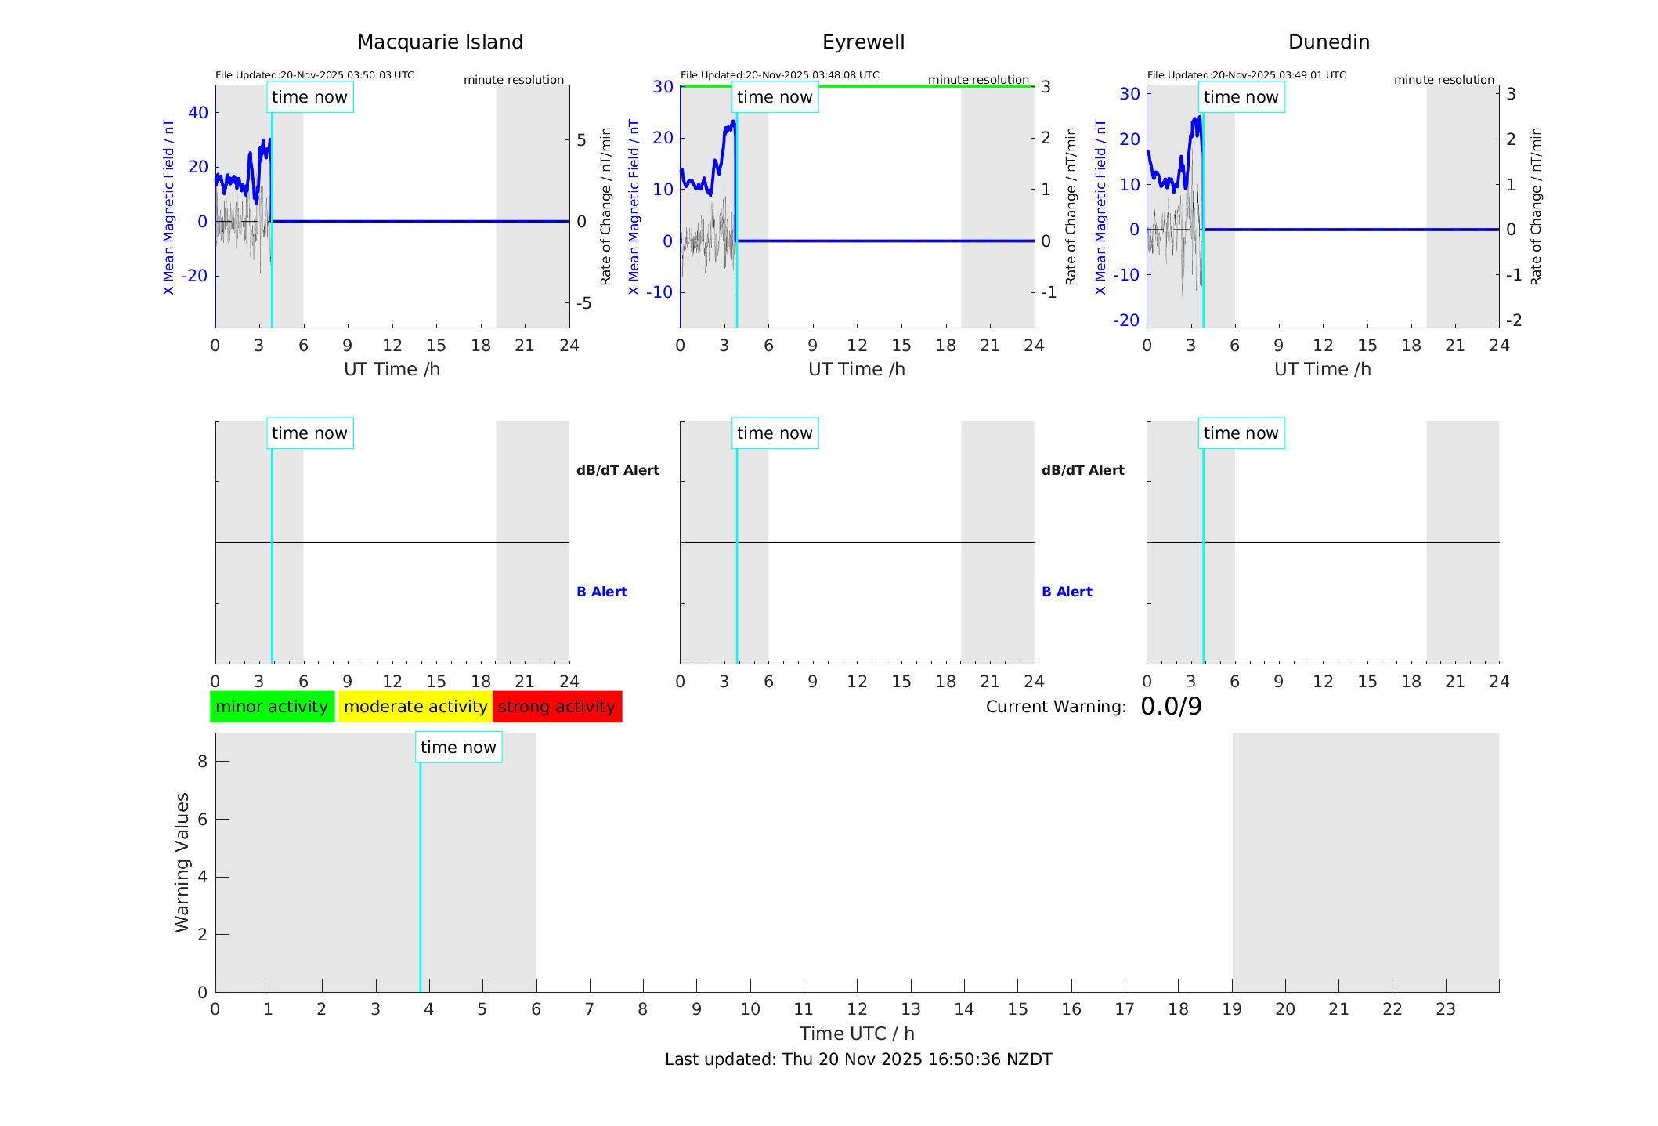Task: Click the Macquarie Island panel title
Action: (440, 42)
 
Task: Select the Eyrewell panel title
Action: (863, 42)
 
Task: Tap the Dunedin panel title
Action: (1328, 42)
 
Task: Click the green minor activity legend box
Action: (272, 707)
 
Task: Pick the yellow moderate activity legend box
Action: (415, 707)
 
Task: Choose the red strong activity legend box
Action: (557, 707)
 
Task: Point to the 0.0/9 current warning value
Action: (1171, 707)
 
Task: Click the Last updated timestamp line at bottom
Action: (858, 1059)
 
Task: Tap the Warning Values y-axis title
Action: (182, 862)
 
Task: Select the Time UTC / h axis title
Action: (857, 1034)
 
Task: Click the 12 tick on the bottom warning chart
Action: (857, 1009)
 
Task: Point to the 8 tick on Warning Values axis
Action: (202, 762)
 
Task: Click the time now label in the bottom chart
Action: (458, 748)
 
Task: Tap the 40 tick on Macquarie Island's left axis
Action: (198, 113)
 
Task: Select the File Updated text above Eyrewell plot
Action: (779, 75)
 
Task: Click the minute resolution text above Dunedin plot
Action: (1443, 80)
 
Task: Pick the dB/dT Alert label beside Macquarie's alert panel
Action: (617, 470)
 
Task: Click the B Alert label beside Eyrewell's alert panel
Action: (1067, 592)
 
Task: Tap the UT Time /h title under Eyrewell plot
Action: (857, 369)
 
